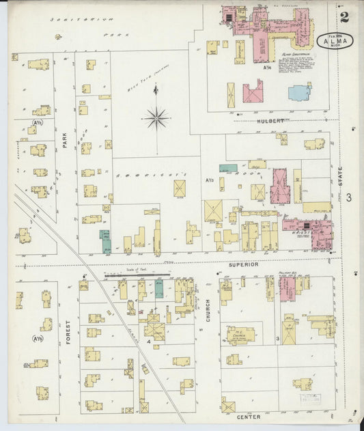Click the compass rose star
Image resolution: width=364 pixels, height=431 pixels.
click(156, 118)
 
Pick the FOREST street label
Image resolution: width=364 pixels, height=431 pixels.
click(68, 331)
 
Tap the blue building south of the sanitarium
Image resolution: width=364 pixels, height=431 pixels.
click(299, 92)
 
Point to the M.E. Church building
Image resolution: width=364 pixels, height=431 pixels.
click(240, 335)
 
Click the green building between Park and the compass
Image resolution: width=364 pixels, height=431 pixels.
click(105, 240)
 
